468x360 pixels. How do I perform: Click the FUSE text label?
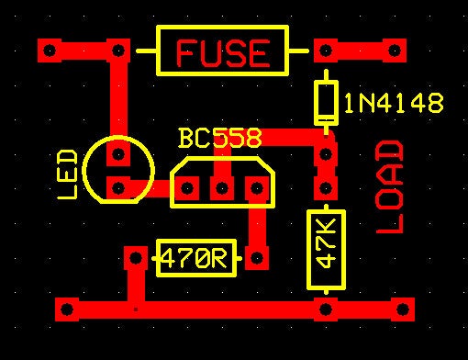(x=224, y=52)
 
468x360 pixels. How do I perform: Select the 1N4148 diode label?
(x=394, y=104)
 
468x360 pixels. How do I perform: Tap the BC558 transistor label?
(x=220, y=139)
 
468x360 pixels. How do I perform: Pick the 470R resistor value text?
(x=195, y=259)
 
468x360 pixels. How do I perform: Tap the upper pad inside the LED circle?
(x=118, y=156)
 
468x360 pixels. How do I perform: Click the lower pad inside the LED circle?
(x=118, y=189)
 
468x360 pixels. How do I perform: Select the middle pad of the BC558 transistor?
(x=221, y=189)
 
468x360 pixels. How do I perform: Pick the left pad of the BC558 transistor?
(x=187, y=189)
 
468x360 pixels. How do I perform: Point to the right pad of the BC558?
(x=255, y=189)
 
